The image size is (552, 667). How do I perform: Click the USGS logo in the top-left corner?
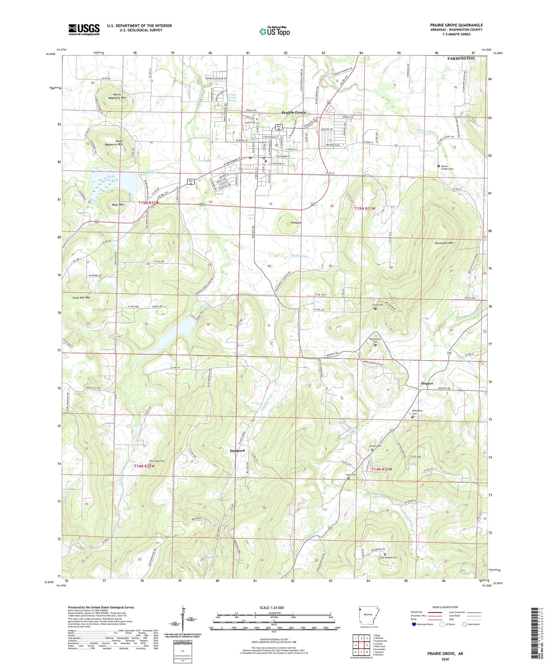click(84, 29)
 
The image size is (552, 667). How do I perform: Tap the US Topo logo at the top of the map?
click(275, 32)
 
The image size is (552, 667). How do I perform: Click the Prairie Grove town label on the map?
click(294, 112)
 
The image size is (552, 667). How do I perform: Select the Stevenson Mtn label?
click(444, 243)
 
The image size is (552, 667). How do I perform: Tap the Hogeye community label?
click(427, 383)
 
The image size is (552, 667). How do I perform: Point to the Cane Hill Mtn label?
click(81, 297)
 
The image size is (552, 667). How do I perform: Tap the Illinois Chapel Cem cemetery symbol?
click(438, 166)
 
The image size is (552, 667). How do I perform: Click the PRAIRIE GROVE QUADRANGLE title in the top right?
click(456, 25)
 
